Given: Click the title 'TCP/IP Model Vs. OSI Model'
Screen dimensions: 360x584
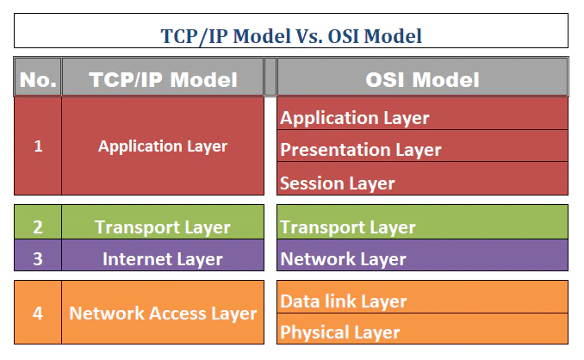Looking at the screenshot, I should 291,35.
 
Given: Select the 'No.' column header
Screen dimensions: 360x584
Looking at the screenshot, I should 38,80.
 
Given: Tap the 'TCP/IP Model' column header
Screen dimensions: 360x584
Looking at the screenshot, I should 163,80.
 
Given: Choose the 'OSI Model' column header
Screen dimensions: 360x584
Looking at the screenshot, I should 422,80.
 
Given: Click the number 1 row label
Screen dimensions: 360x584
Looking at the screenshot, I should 38,146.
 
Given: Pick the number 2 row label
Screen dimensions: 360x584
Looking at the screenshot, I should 38,227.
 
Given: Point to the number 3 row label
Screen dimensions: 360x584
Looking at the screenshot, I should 38,258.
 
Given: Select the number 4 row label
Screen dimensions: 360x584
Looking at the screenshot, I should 38,313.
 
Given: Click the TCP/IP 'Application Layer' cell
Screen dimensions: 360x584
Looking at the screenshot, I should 163,146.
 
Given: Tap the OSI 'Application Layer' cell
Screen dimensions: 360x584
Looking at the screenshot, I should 422,117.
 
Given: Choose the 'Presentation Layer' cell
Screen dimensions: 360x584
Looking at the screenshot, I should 422,150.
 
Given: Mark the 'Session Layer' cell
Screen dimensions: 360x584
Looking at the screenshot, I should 422,183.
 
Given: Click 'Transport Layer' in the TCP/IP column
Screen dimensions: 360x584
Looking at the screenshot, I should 163,227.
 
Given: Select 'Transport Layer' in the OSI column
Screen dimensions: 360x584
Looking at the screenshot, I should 422,227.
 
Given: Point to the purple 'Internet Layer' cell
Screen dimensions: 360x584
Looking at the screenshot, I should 163,258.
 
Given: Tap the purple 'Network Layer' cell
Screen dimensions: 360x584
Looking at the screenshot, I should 422,258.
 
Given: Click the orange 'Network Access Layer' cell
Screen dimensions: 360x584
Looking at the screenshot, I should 163,313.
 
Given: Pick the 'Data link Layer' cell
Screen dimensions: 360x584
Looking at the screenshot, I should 422,301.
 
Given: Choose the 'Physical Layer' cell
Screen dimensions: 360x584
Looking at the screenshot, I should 422,332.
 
